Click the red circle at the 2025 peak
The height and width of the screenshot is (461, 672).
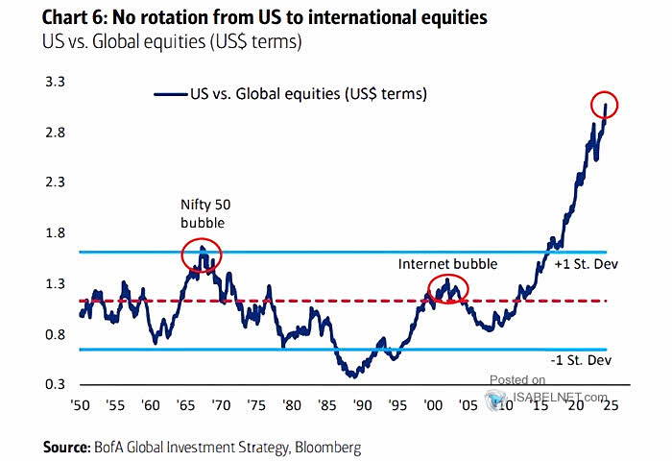(605, 106)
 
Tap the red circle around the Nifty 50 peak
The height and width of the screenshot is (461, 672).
(202, 255)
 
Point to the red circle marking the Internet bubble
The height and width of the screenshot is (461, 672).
(447, 288)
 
